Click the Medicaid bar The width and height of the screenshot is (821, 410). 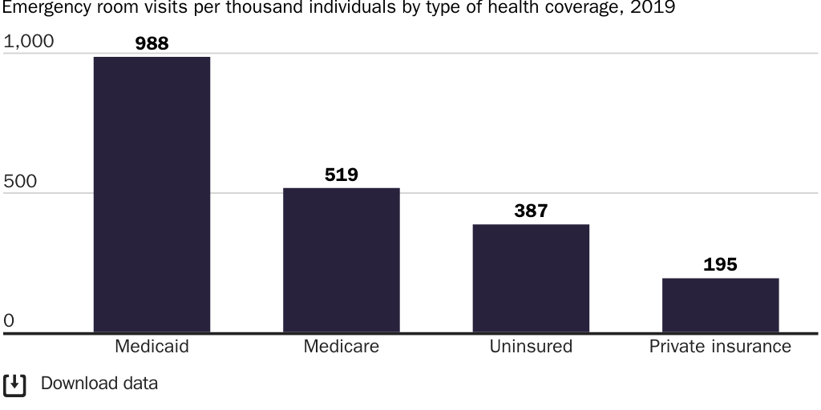tap(152, 195)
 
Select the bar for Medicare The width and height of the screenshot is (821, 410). tap(341, 260)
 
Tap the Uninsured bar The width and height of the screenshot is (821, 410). tap(531, 279)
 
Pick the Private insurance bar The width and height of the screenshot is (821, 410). tap(720, 305)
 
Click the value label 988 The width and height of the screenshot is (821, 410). tap(152, 43)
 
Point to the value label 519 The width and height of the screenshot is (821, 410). tap(341, 175)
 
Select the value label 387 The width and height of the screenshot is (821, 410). tap(531, 211)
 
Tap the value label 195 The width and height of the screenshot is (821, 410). tap(720, 264)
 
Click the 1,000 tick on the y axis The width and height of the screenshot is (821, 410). tap(29, 41)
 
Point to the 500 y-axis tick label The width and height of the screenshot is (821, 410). tap(20, 181)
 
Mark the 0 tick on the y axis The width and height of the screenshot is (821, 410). tap(9, 320)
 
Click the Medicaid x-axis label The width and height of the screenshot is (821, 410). tap(152, 347)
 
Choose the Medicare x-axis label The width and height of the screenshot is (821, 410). tap(341, 347)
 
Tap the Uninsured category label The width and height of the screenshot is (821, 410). tap(531, 347)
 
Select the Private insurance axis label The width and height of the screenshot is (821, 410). tap(720, 347)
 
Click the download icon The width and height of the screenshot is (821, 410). tap(14, 384)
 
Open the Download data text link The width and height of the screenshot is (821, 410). tap(99, 384)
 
